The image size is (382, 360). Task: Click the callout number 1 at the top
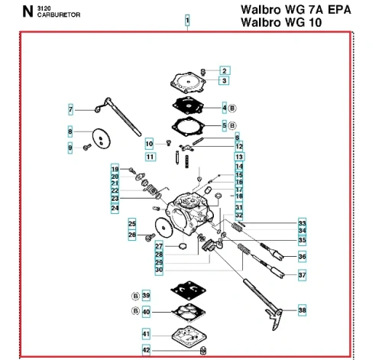pos(187,20)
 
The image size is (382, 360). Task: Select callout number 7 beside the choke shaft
pos(70,110)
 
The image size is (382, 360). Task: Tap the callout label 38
pos(302,310)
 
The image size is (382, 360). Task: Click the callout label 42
pos(146,350)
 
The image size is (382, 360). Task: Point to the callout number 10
pos(149,144)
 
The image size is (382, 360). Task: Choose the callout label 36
pos(302,256)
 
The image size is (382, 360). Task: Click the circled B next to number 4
pos(232,109)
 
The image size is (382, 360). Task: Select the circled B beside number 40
pos(135,311)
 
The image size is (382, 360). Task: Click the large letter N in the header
pos(28,11)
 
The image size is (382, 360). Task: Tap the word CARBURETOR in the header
pos(59,15)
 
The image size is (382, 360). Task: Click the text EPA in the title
pos(339,10)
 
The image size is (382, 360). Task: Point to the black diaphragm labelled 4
pos(189,105)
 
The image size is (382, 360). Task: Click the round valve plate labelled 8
pos(102,138)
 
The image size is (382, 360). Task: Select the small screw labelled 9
pos(87,147)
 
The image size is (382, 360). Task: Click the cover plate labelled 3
pos(188,83)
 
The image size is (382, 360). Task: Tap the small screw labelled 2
pos(203,72)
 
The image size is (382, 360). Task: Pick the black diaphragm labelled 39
pos(189,290)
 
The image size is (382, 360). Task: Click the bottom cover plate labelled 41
pos(189,336)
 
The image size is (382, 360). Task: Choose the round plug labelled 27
pos(183,246)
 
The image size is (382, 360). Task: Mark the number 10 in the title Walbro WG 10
pos(316,22)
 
